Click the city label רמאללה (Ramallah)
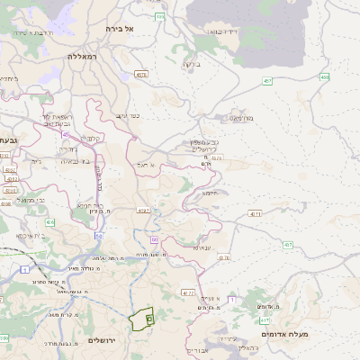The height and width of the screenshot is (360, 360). pyautogui.click(x=87, y=56)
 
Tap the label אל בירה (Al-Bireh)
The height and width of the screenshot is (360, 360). pyautogui.click(x=119, y=29)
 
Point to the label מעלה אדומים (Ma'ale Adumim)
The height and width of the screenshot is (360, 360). pyautogui.click(x=284, y=334)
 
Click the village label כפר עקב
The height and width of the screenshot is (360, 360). pyautogui.click(x=127, y=116)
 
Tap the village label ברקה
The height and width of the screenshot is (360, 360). pyautogui.click(x=190, y=64)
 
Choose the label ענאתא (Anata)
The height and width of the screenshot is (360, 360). pyautogui.click(x=202, y=247)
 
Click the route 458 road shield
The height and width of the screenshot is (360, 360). pyautogui.click(x=324, y=77)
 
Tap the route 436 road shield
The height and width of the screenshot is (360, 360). pyautogui.click(x=50, y=221)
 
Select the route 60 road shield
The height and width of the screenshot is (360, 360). pyautogui.click(x=154, y=239)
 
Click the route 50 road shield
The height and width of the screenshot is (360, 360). pyautogui.click(x=98, y=236)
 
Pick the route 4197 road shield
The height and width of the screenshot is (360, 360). pyautogui.click(x=143, y=210)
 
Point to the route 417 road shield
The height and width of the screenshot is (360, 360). pyautogui.click(x=265, y=319)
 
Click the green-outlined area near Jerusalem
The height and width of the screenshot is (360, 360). pyautogui.click(x=142, y=319)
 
